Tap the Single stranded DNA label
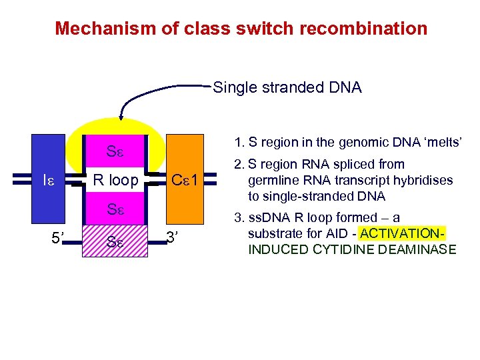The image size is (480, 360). (x=287, y=87)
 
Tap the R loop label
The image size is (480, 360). (x=115, y=180)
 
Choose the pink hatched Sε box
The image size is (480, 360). (x=115, y=241)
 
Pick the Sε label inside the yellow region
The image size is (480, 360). (x=115, y=151)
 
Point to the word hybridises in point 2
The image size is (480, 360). (x=421, y=181)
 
